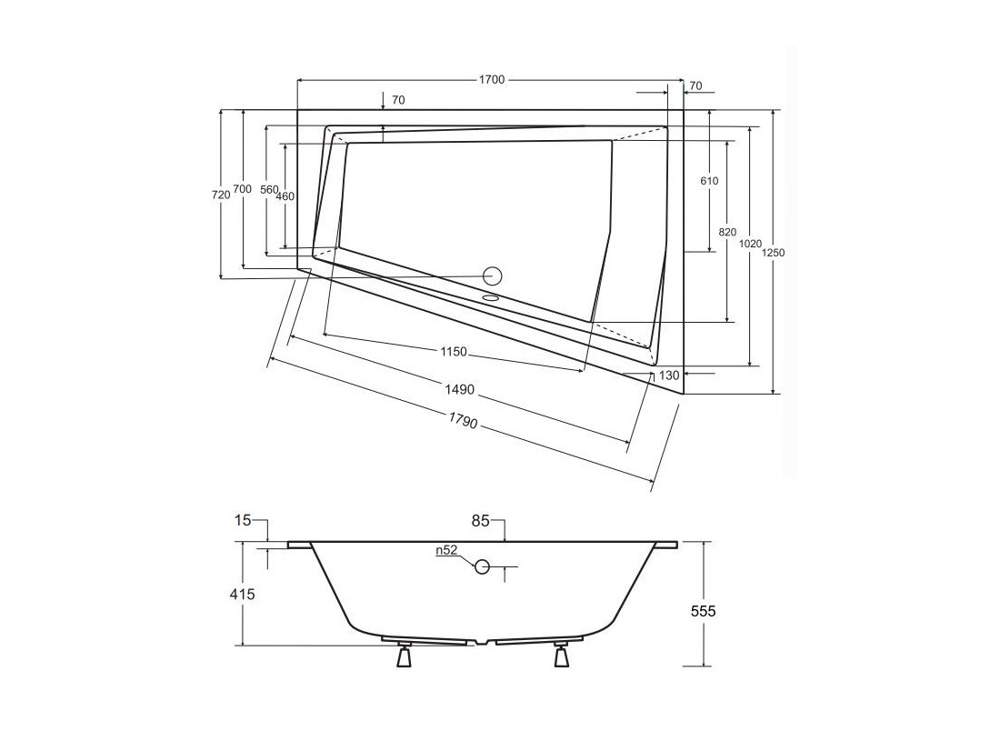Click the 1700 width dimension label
point(491,80)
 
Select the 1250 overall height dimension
point(774,253)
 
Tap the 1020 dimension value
point(750,244)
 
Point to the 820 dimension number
point(727,232)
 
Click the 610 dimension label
point(709,181)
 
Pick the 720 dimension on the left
point(221,195)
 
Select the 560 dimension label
point(269,189)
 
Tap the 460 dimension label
point(285,196)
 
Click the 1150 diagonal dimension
point(454,352)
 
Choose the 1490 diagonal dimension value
point(460,388)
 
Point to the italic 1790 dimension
point(463,420)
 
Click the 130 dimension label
point(669,375)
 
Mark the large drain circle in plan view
point(493,275)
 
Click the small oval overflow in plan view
point(490,296)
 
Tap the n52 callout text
point(447,550)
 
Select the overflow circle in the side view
point(482,566)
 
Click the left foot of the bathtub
point(404,656)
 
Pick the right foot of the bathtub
point(561,656)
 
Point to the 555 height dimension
point(704,611)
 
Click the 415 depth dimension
point(243,594)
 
